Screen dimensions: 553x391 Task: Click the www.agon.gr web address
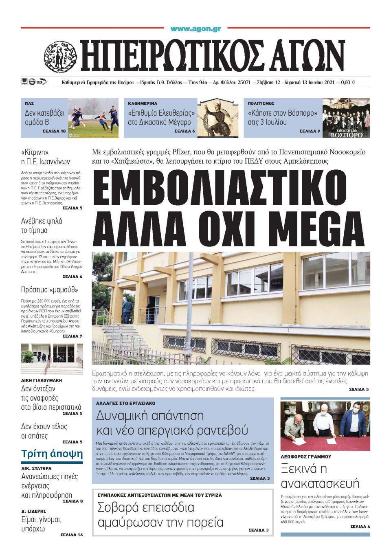tap(195, 29)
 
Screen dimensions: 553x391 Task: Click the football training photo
tap(93, 118)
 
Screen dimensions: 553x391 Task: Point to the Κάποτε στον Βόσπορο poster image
tap(346, 118)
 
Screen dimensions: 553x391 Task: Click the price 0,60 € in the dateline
tap(347, 83)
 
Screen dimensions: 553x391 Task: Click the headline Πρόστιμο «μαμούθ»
tap(50, 290)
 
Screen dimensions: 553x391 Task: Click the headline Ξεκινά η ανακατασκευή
tap(320, 476)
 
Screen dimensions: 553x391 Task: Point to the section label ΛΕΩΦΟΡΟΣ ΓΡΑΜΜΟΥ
tap(306, 456)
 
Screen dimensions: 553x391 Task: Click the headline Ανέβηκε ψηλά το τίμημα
tap(42, 226)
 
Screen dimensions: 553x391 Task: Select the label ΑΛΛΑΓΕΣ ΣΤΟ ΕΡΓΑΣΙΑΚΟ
tap(125, 403)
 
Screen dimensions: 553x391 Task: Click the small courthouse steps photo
tap(52, 359)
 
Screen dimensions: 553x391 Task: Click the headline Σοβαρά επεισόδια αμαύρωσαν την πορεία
tap(160, 514)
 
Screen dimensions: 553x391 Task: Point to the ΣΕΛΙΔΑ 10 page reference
tap(54, 132)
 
